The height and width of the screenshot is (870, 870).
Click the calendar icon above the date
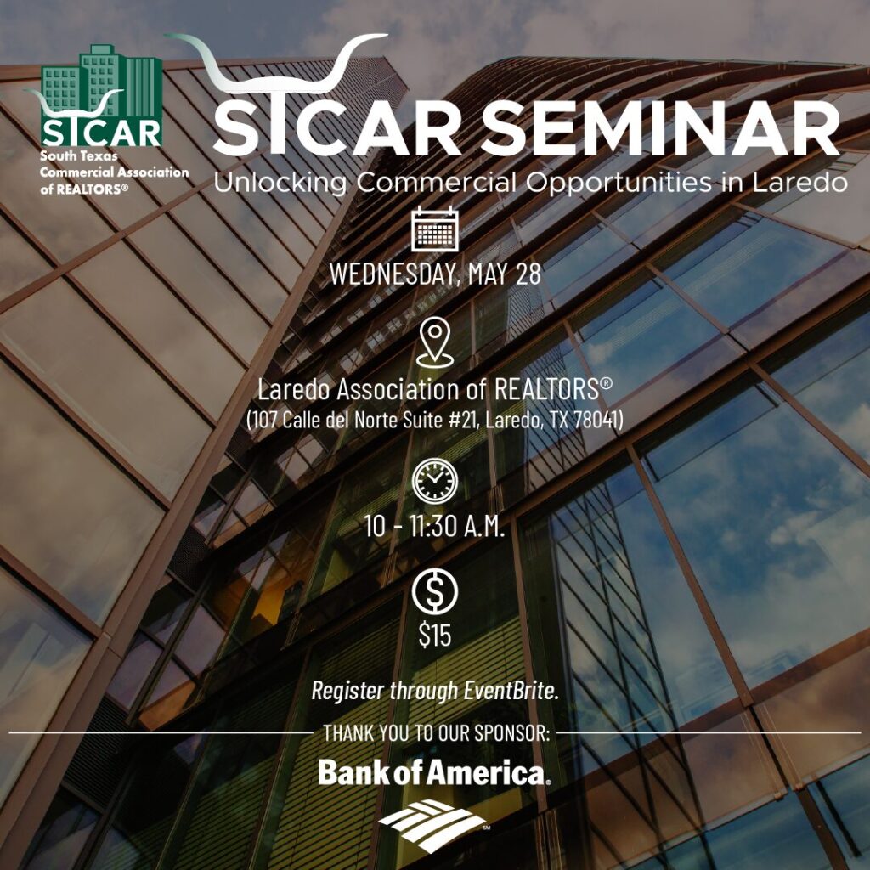pyautogui.click(x=435, y=229)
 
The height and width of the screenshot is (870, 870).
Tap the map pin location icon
pyautogui.click(x=435, y=342)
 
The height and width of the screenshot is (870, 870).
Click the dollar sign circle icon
pyautogui.click(x=435, y=591)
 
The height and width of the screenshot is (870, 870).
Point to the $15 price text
pyautogui.click(x=435, y=635)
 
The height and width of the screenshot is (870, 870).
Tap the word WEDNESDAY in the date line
pyautogui.click(x=394, y=274)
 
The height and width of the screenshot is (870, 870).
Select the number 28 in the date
pyautogui.click(x=528, y=274)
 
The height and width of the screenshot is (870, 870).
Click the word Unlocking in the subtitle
pyautogui.click(x=280, y=183)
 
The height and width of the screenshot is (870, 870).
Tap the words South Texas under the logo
pyautogui.click(x=79, y=156)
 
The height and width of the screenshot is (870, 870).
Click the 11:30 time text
pyautogui.click(x=433, y=525)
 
